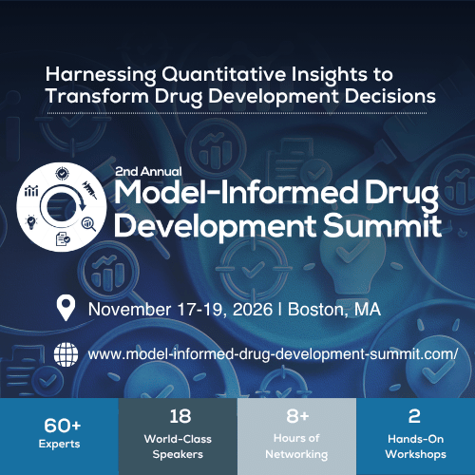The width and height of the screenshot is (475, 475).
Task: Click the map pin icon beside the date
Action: click(x=66, y=308)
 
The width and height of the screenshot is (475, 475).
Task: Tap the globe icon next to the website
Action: click(x=66, y=354)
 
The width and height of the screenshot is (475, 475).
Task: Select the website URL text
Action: click(x=273, y=354)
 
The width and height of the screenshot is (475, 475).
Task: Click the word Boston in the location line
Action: click(x=315, y=310)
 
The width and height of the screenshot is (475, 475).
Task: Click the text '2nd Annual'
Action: click(x=148, y=172)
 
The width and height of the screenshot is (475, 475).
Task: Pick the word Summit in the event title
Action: click(x=382, y=225)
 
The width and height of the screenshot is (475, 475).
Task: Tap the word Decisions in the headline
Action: click(x=390, y=96)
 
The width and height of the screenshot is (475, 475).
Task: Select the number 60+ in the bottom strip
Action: click(x=63, y=426)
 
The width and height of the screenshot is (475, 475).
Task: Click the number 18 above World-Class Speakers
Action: click(x=180, y=416)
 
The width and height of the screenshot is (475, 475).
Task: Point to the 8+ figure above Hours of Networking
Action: click(x=297, y=416)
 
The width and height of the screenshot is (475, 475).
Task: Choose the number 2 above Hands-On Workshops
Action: click(x=414, y=416)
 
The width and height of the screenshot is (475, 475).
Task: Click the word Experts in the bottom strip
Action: click(x=59, y=445)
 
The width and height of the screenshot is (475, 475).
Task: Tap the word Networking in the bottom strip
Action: click(x=296, y=454)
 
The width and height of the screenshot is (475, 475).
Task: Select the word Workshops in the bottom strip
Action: click(x=415, y=454)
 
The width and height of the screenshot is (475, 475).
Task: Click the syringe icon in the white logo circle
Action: click(x=90, y=190)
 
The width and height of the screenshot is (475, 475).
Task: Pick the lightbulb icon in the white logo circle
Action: click(x=31, y=221)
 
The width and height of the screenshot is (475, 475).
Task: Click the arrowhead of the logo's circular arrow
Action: click(x=83, y=206)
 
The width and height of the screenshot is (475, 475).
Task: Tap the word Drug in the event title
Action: click(x=402, y=194)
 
